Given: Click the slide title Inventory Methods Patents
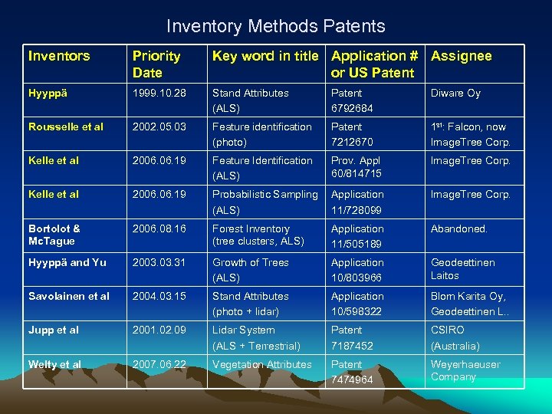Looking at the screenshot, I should pos(275,26).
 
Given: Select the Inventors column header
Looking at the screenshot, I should pos(59,56).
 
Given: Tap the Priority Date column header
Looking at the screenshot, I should pos(156,64).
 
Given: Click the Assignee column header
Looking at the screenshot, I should pos(462,56).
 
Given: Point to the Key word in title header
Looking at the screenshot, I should pos(268,56).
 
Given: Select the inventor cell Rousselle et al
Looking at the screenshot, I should pos(65,127).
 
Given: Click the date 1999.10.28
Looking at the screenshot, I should pos(159,94).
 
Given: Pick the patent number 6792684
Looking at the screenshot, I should pos(352,109).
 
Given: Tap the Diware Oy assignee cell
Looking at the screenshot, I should pos(455,94).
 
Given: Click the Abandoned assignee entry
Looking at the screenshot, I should pos(458,228).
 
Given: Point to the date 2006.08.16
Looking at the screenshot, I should pos(159,228).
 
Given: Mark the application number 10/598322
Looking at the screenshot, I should pos(356,312).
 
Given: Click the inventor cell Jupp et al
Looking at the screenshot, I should pos(53,330).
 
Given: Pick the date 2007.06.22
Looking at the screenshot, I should pos(159,364).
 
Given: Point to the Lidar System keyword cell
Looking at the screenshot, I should pos(256,337).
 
